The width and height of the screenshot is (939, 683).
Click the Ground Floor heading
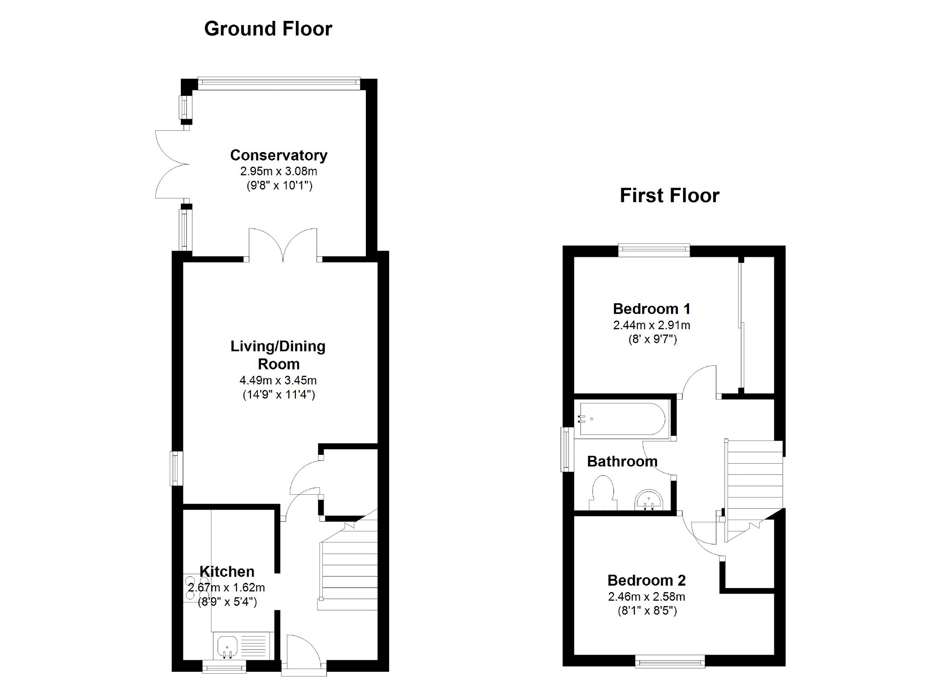pyautogui.click(x=268, y=29)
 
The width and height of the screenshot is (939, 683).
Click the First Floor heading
pyautogui.click(x=669, y=195)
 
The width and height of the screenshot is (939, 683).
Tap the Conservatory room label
pyautogui.click(x=279, y=155)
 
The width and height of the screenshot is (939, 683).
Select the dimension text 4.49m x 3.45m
pyautogui.click(x=278, y=381)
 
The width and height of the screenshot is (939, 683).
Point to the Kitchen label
pyautogui.click(x=227, y=571)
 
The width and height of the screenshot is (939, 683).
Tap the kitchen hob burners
pyautogui.click(x=197, y=588)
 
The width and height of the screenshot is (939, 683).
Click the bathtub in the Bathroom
pyautogui.click(x=622, y=419)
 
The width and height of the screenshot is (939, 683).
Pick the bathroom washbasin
pyautogui.click(x=650, y=499)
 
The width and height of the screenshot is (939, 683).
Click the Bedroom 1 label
pyautogui.click(x=652, y=308)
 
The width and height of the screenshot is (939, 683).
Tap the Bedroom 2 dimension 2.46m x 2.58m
pyautogui.click(x=647, y=597)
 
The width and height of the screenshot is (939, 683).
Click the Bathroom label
pyautogui.click(x=622, y=461)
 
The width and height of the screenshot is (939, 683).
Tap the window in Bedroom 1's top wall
pyautogui.click(x=654, y=250)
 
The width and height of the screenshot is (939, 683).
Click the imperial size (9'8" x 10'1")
pyautogui.click(x=279, y=186)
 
